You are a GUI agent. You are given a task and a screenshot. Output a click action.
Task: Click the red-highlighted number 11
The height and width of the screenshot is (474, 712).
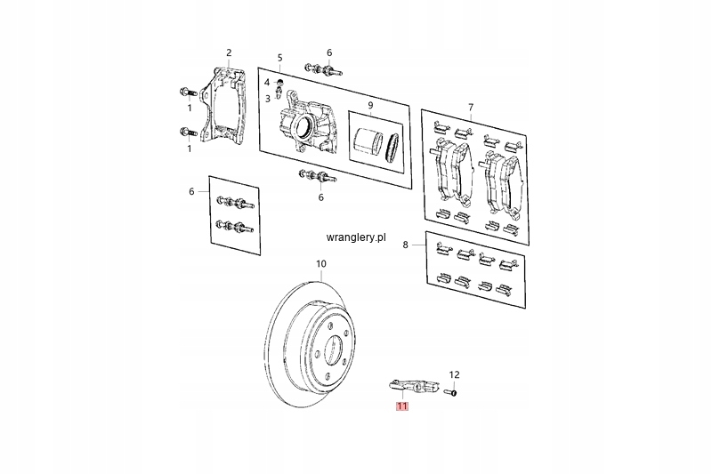tap(402, 406)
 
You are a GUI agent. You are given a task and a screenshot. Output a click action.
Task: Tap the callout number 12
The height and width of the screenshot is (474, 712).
tap(454, 374)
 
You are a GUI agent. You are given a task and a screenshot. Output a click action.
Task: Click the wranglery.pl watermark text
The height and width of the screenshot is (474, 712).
tap(356, 237)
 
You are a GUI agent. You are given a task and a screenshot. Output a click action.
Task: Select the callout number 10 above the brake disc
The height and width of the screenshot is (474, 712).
tap(321, 263)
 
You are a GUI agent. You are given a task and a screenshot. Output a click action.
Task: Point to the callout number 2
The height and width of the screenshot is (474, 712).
tap(229, 52)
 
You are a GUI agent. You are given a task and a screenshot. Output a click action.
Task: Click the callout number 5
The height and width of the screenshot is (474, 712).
tap(279, 58)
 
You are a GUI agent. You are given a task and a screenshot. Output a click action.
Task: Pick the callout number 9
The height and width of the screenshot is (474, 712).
tap(370, 105)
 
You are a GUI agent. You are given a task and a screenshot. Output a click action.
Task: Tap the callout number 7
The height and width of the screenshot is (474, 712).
tap(471, 108)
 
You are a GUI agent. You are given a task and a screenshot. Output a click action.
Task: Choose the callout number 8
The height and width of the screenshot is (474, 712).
tap(406, 245)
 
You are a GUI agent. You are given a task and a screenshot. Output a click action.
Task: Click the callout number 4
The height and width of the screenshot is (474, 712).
tap(267, 82)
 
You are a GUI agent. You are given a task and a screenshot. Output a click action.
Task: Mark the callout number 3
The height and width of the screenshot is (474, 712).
tap(268, 99)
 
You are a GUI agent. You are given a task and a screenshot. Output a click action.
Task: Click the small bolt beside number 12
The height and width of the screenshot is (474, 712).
tap(450, 392)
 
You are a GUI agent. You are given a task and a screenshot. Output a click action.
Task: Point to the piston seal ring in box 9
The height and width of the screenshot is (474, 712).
tap(392, 148)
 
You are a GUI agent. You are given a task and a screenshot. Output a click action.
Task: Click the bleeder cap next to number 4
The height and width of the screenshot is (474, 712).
tap(279, 82)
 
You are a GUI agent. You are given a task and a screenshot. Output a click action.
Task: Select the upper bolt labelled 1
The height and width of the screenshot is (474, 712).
tap(189, 93)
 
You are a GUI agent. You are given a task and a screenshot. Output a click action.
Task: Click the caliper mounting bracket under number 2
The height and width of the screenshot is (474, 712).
tap(224, 108)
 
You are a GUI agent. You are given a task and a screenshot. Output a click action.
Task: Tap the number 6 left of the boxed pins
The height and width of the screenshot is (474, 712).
tap(191, 192)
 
